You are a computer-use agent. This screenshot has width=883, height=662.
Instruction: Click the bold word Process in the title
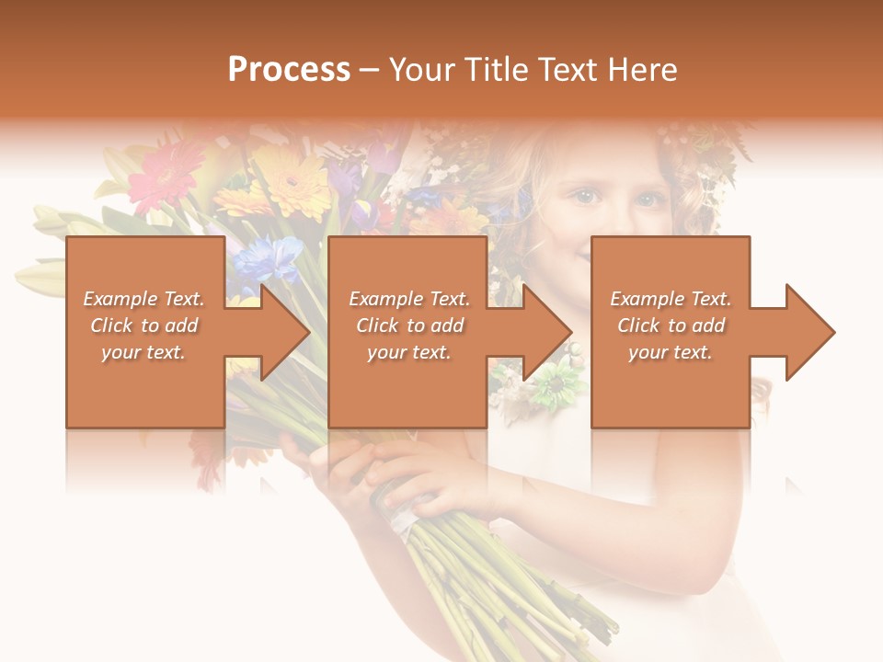point(289,69)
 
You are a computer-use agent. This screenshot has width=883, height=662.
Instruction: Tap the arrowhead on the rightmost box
point(808,332)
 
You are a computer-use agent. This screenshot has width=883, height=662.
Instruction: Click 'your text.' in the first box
point(143,352)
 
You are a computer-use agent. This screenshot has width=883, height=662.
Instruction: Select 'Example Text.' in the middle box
point(408,299)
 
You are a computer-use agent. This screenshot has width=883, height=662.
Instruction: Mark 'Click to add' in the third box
point(671,325)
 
